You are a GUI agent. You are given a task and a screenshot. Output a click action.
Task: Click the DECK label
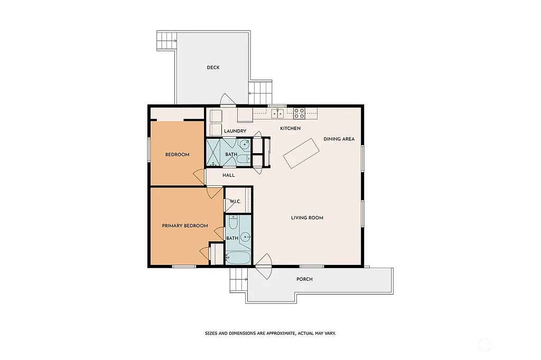213,68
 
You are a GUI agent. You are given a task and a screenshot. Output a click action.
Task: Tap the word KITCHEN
290,128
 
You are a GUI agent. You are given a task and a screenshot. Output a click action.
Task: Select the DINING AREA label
339,139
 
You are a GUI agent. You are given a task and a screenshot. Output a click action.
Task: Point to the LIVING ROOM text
307,218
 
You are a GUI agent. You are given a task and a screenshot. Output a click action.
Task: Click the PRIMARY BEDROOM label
184,226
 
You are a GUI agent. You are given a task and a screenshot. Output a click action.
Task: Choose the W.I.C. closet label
234,202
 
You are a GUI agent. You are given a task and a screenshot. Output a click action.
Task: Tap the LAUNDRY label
235,131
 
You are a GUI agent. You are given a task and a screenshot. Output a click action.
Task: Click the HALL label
229,175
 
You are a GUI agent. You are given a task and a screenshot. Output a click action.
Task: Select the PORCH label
304,279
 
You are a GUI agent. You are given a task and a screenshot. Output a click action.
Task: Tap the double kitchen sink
277,113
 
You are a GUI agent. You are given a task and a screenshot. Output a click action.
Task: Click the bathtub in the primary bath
238,258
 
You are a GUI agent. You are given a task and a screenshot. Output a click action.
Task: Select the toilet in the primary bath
233,222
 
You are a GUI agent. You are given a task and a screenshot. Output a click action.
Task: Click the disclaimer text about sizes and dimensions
270,333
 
